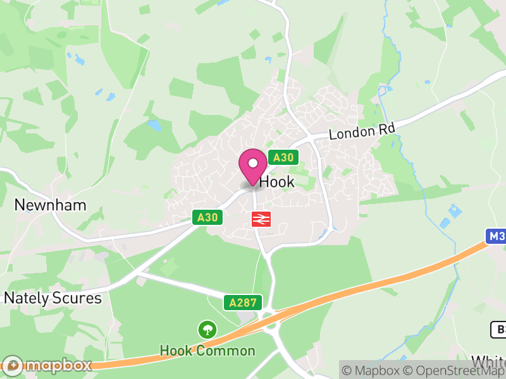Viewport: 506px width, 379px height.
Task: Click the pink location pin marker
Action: coord(253,166)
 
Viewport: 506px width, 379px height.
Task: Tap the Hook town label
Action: coord(277,182)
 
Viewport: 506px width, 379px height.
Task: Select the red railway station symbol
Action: coord(261,219)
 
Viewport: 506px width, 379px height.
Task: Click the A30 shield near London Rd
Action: coord(283,157)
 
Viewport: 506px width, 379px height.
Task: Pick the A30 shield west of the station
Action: coord(207,217)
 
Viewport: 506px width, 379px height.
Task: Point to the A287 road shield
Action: coord(242,303)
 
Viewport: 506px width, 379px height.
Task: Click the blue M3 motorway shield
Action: coord(497,236)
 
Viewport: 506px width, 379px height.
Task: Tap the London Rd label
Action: coord(362,132)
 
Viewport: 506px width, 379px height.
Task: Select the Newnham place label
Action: coord(50,205)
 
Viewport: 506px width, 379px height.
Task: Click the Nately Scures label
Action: coord(53,298)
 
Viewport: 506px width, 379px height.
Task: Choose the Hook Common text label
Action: coord(207,351)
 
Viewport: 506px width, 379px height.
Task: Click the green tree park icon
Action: coord(207,329)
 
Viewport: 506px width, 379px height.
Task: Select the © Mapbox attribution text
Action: coord(371,370)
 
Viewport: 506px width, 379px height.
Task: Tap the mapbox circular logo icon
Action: coord(13,365)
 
